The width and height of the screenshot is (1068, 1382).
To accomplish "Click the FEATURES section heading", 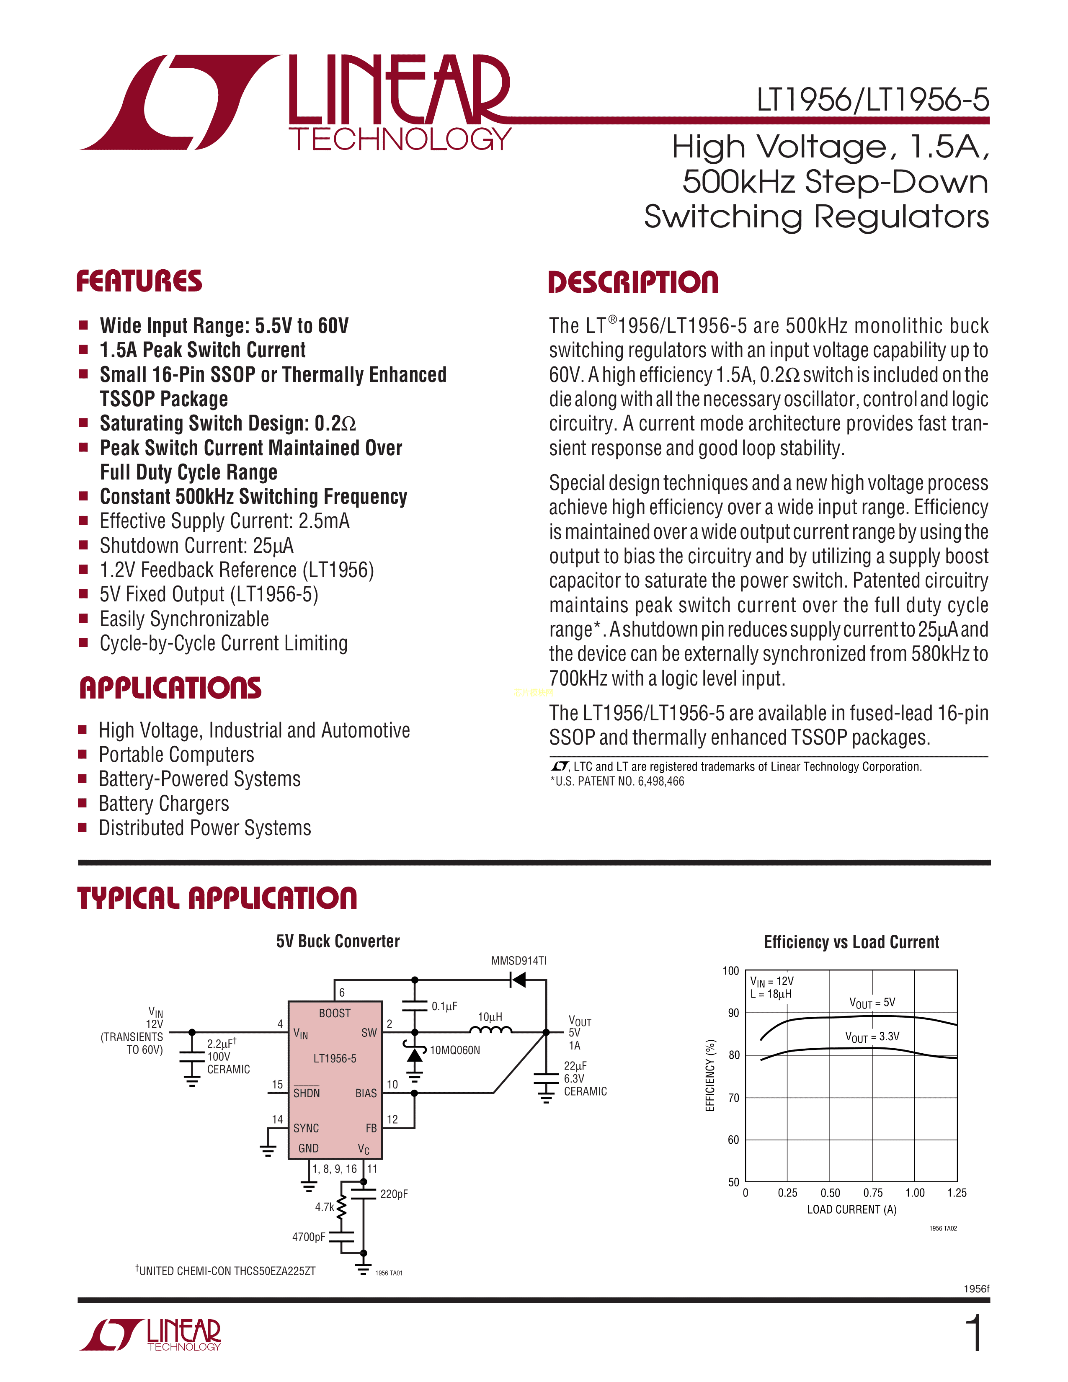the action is [x=139, y=281].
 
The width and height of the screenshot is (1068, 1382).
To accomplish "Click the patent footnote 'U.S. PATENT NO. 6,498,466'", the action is [x=617, y=781].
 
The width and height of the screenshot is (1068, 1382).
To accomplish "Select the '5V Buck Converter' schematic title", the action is [x=338, y=941].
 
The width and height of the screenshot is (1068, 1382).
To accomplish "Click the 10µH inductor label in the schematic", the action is [x=490, y=1016].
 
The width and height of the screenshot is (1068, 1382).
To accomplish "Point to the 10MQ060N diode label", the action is [x=455, y=1050].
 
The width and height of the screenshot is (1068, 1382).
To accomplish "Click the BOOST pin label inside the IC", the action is [x=335, y=1013].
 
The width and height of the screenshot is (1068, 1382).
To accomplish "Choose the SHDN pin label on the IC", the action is [x=307, y=1093].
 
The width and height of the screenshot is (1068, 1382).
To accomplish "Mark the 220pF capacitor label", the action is [x=394, y=1194].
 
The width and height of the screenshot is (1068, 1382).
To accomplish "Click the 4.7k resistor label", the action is [x=325, y=1207].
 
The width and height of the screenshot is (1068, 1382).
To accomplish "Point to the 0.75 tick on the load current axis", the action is [x=873, y=1193].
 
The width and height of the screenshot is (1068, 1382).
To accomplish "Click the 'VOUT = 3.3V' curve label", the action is [x=872, y=1036].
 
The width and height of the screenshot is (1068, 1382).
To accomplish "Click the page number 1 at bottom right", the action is [x=976, y=1333].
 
